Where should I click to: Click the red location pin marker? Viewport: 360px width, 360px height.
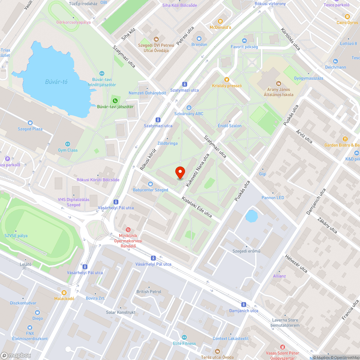(180, 172)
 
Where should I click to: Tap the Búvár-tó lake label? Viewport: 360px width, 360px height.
(56, 82)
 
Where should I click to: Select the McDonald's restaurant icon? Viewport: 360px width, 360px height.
(220, 21)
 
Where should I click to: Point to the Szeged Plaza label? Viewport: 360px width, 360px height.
(30, 129)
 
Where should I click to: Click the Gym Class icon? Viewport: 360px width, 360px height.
(68, 144)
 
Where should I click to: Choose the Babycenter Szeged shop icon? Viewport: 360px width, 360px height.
(150, 184)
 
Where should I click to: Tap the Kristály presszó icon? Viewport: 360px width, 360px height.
(226, 80)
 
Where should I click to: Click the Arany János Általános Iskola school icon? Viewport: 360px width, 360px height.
(278, 83)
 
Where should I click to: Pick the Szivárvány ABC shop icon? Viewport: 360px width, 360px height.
(189, 107)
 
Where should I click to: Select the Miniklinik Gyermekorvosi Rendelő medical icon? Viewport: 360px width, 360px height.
(128, 230)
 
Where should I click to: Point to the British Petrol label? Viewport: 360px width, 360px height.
(149, 292)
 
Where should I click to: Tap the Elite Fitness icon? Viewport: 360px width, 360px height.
(184, 337)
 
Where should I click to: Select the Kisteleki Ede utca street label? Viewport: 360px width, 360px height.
(197, 207)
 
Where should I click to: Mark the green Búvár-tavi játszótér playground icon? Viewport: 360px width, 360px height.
(115, 100)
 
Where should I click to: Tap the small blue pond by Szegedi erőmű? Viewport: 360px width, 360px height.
(251, 216)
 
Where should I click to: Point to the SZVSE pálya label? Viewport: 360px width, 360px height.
(16, 236)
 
